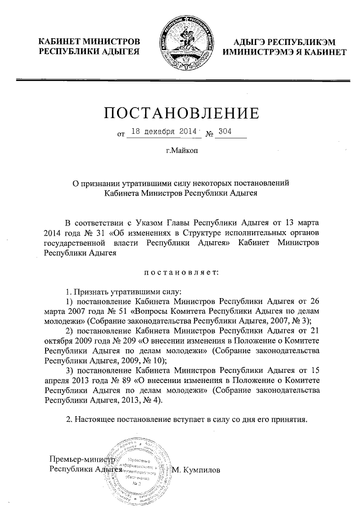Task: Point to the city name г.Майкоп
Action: (x=182, y=151)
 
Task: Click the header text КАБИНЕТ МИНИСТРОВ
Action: (x=88, y=42)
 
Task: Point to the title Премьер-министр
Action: (x=82, y=459)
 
